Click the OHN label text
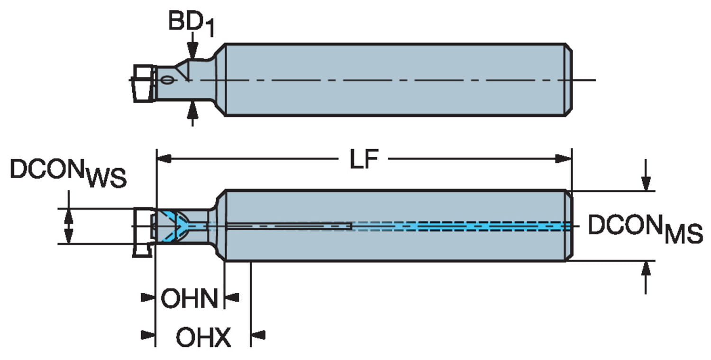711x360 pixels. (x=189, y=298)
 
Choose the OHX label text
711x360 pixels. (x=203, y=338)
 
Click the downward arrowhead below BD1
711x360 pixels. (x=192, y=51)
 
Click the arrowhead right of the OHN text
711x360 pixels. (x=231, y=297)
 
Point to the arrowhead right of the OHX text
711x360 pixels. (x=257, y=335)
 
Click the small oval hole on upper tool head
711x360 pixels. (x=167, y=80)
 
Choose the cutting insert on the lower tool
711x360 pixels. (x=142, y=232)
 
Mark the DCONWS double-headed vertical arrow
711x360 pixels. (x=69, y=226)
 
